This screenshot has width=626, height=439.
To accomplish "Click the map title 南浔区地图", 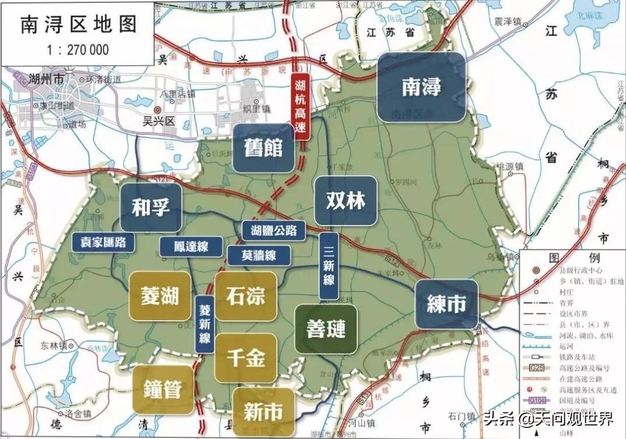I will coord(79,24).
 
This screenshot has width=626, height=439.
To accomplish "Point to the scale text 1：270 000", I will coord(79,50).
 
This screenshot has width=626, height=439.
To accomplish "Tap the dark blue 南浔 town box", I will coord(421,87).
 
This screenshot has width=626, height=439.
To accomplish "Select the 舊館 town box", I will coord(263,147).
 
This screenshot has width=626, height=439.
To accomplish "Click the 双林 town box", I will coord(345,201).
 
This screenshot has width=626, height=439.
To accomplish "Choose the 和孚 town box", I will coord(151,206).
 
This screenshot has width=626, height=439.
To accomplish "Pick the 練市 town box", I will coord(446,304).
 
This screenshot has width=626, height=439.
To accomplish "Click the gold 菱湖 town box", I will coord(160,296).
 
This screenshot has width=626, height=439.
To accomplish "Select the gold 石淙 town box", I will coord(245,296).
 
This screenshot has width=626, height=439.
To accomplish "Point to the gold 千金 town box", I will coord(245,358).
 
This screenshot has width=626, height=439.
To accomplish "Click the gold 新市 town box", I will coord(263,411).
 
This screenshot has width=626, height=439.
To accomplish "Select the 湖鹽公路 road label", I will coord(274,230).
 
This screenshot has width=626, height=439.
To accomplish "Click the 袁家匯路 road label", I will coord(104,242).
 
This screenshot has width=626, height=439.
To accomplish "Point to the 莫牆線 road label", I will coord(251,255).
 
